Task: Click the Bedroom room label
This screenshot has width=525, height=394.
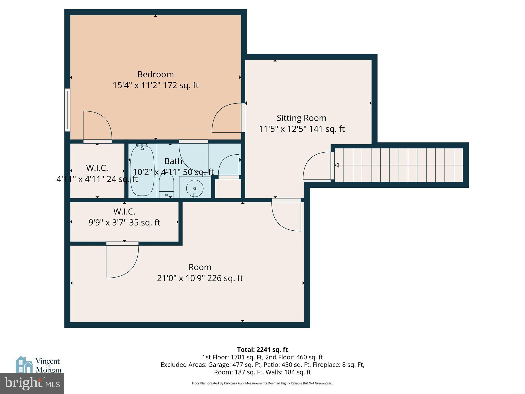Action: [155, 74]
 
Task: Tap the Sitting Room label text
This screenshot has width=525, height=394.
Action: [301, 118]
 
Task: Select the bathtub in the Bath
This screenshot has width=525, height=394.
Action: [142, 171]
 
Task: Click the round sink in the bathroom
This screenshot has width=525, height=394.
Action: [195, 188]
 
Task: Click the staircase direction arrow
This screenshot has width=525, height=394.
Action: [337, 165]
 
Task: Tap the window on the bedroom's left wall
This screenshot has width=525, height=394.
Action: [67, 110]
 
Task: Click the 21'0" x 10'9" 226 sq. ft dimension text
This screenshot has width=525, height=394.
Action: [200, 278]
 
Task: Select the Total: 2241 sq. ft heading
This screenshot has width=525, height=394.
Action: [262, 350]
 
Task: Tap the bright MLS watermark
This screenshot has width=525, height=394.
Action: [32, 383]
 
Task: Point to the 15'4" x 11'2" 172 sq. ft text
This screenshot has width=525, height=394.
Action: [155, 85]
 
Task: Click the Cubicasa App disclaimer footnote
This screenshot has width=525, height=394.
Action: [262, 383]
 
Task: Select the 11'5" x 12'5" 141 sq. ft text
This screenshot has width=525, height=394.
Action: [301, 129]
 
